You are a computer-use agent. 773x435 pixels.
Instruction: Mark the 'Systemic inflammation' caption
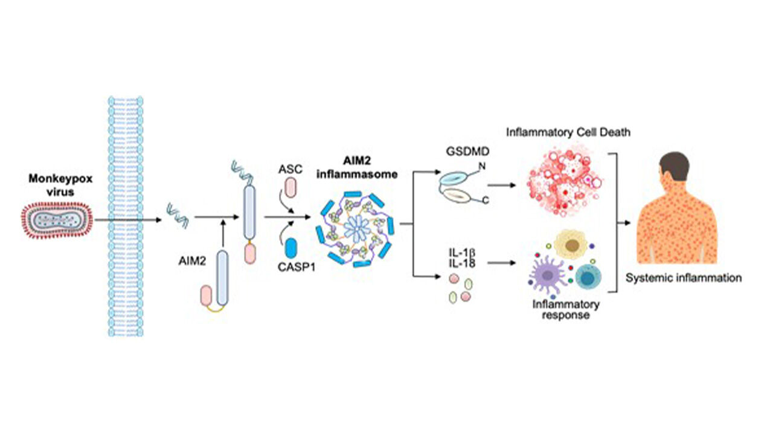684,278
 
